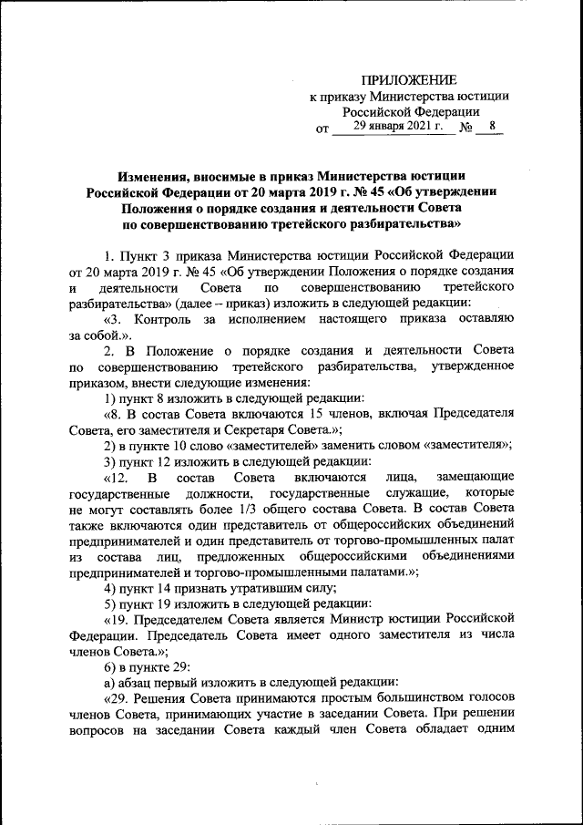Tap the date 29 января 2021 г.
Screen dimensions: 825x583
pyautogui.click(x=397, y=126)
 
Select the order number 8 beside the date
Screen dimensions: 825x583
pyautogui.click(x=492, y=126)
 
